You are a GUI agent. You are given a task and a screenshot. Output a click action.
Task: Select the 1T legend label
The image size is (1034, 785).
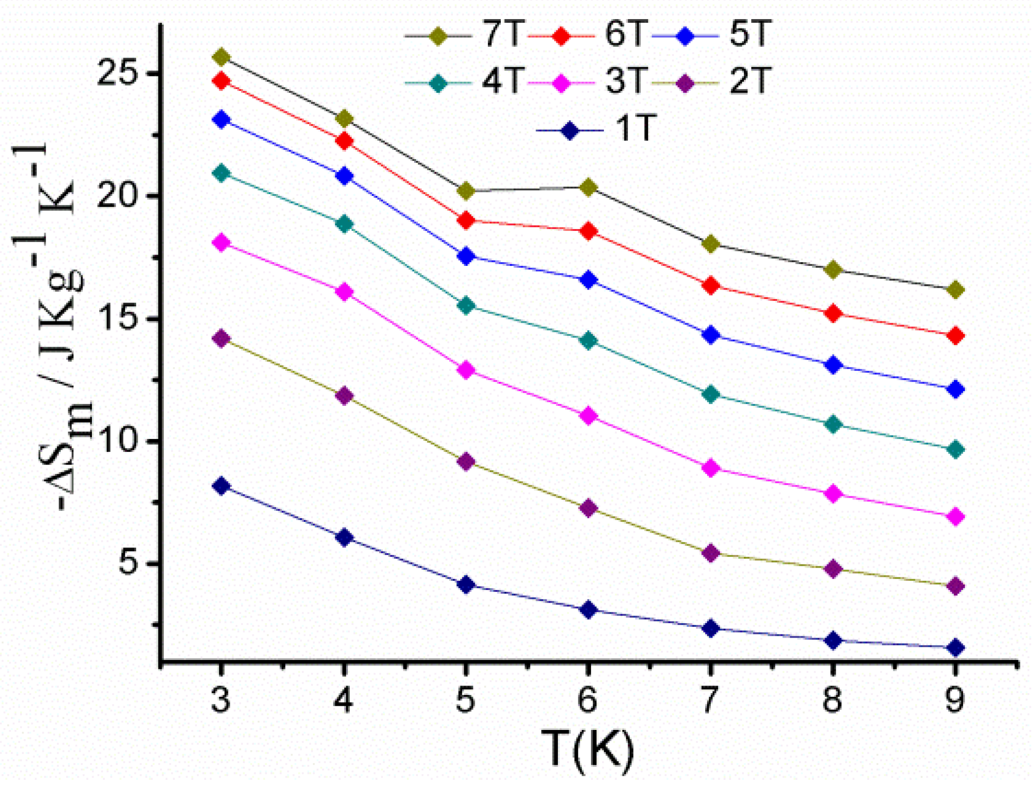633,129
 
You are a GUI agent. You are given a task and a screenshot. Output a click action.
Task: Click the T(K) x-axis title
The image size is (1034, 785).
588,748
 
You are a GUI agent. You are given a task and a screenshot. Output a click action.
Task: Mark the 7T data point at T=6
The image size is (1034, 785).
588,188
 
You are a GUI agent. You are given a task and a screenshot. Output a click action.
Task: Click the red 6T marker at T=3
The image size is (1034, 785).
221,81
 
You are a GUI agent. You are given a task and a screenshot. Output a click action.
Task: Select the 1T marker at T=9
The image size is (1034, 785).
955,647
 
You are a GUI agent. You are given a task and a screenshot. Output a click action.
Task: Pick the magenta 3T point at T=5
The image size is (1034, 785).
465,370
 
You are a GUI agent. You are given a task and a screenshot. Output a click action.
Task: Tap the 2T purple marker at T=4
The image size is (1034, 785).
344,396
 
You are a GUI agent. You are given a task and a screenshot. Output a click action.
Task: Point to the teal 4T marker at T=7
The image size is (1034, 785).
710,394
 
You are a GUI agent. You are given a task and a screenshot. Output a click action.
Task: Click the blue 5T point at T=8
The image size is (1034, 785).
833,365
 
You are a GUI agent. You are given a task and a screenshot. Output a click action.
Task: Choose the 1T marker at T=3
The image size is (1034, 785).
221,486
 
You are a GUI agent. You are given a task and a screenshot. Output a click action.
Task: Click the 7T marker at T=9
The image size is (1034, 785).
955,290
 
